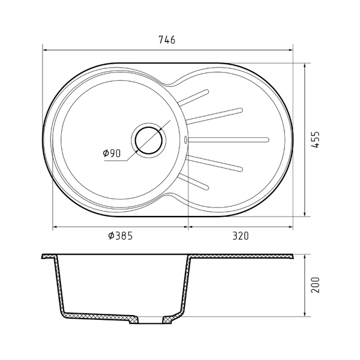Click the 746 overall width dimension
coord(167,40)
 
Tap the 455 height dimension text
coord(316,140)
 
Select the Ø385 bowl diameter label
coord(121,236)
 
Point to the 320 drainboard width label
coord(241,236)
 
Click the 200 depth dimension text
coord(316,285)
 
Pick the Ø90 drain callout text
coord(112,153)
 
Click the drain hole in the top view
coord(149,140)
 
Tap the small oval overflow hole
coord(185,140)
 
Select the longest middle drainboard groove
coord(228,140)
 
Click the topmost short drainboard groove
coord(194,97)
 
